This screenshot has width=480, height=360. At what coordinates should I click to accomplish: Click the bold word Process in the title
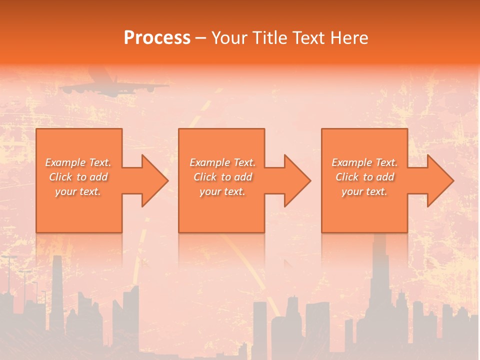(x=157, y=38)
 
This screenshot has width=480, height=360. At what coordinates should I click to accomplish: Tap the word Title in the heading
(x=268, y=38)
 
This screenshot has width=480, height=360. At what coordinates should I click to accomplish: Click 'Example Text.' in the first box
(x=78, y=162)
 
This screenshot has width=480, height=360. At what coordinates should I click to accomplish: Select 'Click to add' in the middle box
(x=222, y=177)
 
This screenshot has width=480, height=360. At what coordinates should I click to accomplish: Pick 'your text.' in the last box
(x=364, y=191)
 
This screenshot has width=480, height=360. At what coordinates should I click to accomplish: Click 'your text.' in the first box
(x=78, y=191)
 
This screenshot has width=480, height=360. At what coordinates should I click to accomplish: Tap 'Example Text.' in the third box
(x=364, y=162)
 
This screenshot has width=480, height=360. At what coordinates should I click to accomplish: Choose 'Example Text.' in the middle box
(x=222, y=162)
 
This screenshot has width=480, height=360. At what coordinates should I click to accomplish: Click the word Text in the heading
(x=308, y=38)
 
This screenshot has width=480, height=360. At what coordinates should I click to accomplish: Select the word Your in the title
(x=230, y=38)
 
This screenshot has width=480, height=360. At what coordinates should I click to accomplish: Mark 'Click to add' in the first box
(x=78, y=177)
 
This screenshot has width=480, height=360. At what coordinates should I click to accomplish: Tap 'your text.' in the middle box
(x=222, y=191)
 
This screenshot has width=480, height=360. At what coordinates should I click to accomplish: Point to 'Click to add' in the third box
(x=364, y=177)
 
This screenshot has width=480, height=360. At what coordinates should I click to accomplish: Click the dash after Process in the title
(x=201, y=38)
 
